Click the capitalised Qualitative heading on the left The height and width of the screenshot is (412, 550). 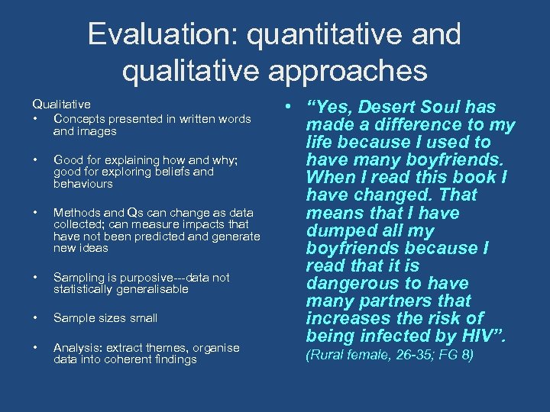coord(61,104)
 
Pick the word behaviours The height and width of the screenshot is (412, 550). coord(83,184)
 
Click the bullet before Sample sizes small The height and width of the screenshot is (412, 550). coord(35,318)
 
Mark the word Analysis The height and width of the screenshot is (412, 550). coord(76,347)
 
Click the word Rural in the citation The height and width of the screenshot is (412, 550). coord(328,355)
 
